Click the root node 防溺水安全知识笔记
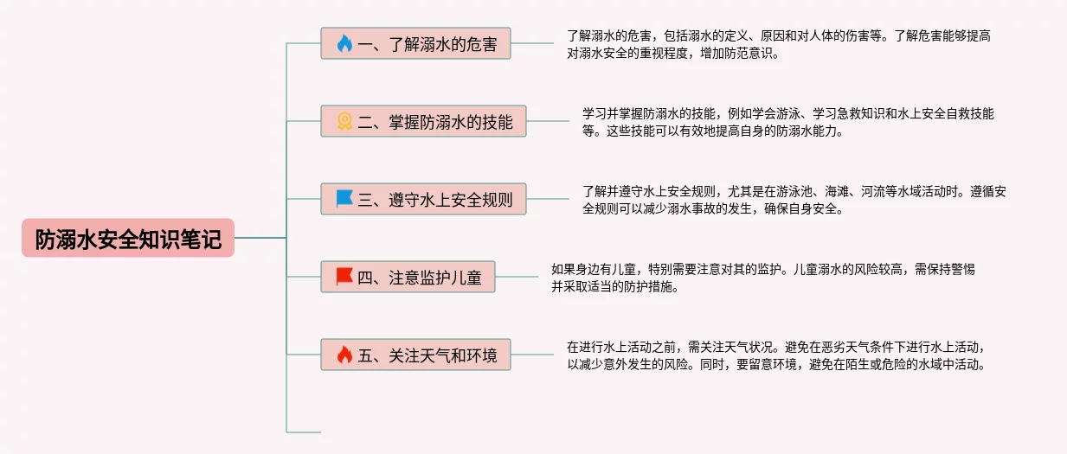(x=128, y=238)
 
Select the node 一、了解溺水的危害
(x=415, y=43)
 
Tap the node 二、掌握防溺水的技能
(x=423, y=122)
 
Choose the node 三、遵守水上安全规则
(x=423, y=200)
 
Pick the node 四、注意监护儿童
(x=408, y=278)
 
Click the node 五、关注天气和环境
(x=415, y=355)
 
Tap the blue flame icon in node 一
(x=344, y=43)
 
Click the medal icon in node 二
(x=344, y=122)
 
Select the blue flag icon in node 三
(x=344, y=200)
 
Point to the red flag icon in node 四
(x=344, y=278)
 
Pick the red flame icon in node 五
(x=344, y=355)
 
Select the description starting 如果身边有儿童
(x=762, y=278)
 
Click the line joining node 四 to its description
(x=517, y=278)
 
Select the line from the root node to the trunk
(x=260, y=238)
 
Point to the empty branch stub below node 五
(x=304, y=431)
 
